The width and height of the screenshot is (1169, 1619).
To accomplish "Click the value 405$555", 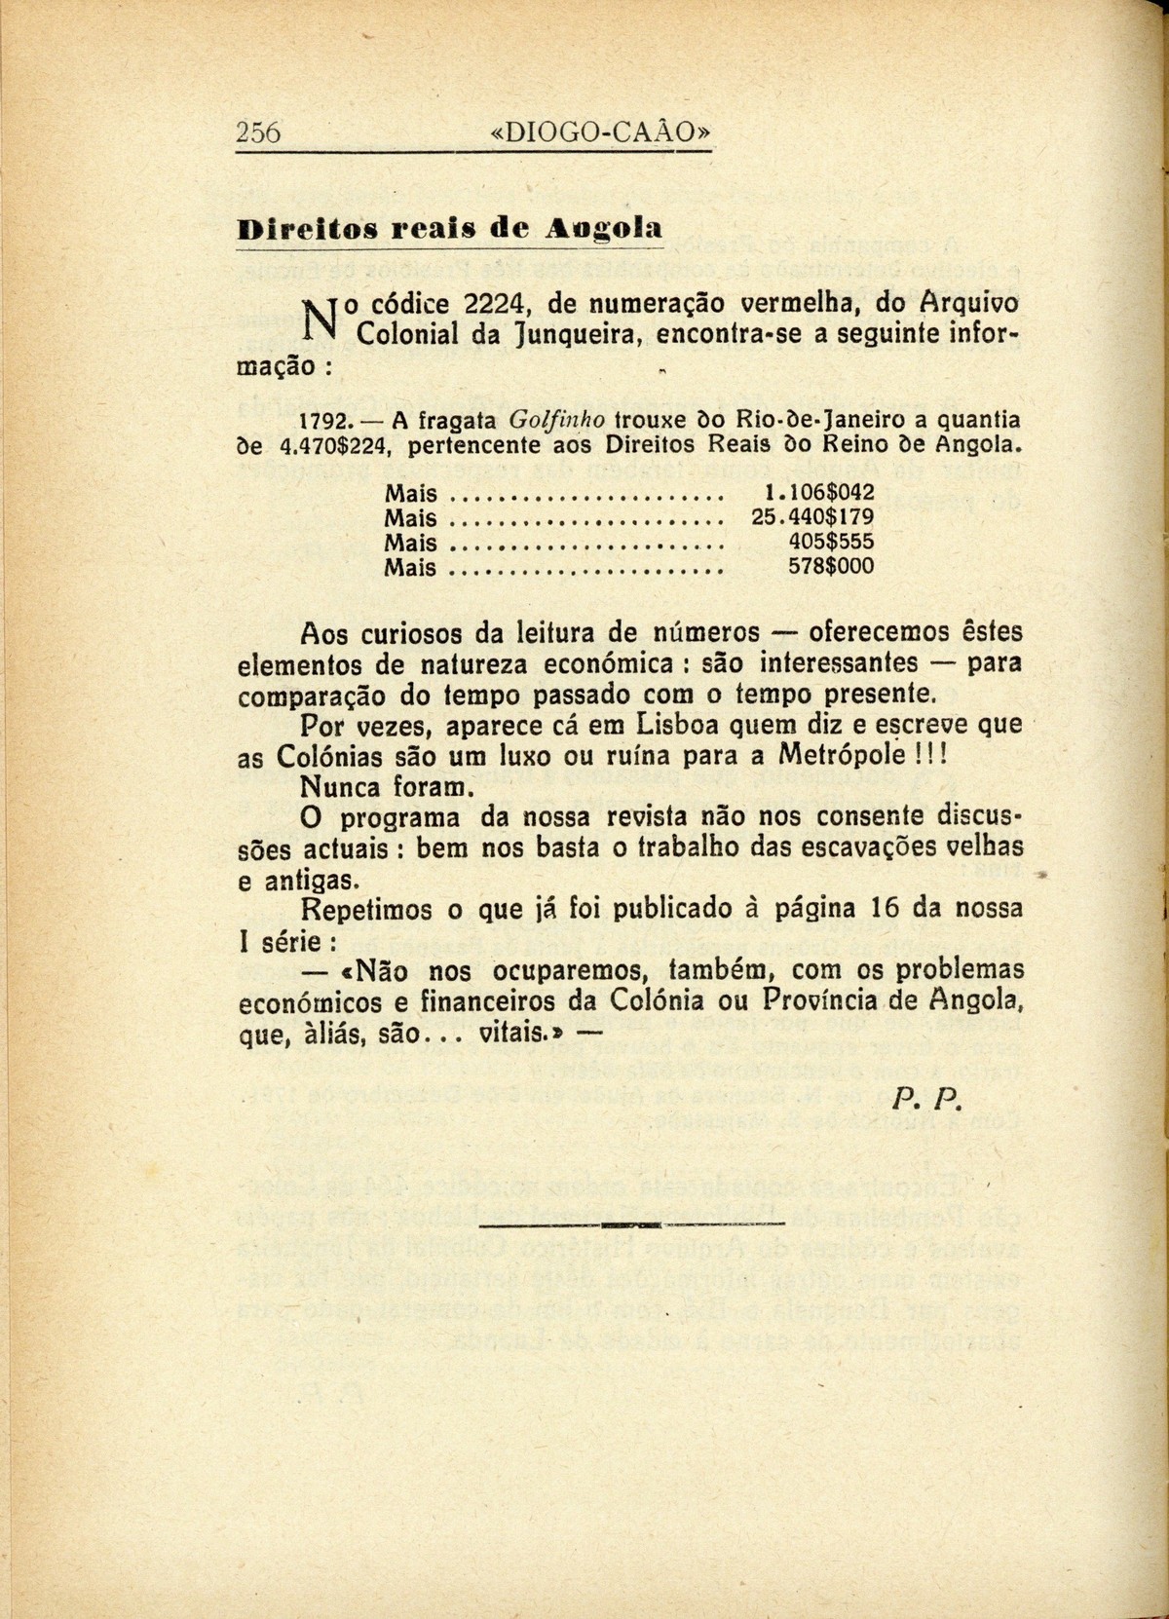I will [x=830, y=542].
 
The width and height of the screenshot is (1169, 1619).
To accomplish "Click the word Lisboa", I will [x=675, y=726].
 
